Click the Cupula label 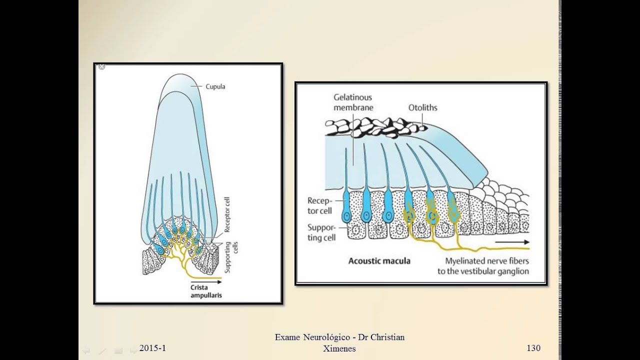(215, 86)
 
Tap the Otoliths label (422, 107)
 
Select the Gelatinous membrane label (353, 102)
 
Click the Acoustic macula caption (379, 260)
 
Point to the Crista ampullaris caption (206, 291)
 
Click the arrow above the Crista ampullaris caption (206, 282)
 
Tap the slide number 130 (533, 348)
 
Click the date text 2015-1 (152, 348)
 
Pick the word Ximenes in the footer (339, 349)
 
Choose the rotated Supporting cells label (231, 257)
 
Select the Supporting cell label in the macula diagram (321, 232)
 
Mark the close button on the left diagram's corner (101, 66)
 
